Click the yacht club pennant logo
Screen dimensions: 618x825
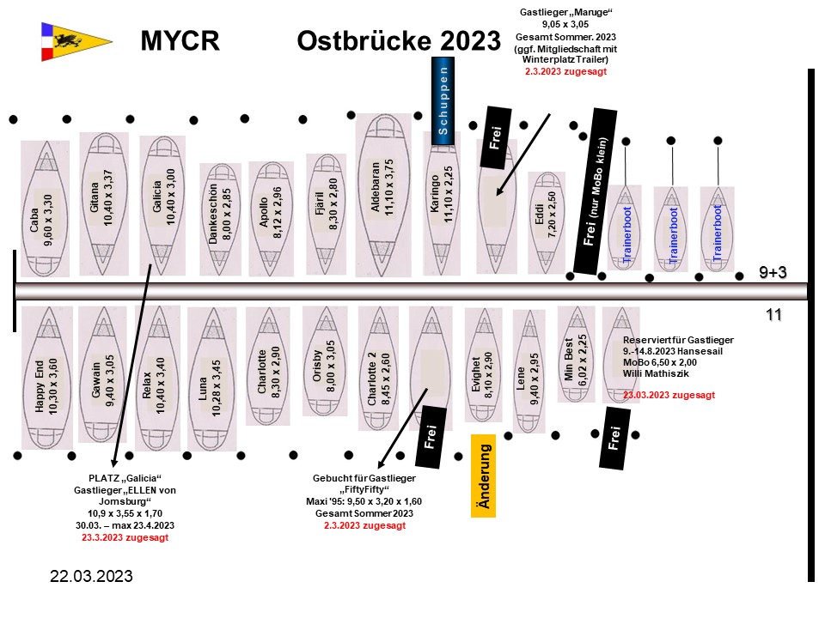76,41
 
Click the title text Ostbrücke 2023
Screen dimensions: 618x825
398,40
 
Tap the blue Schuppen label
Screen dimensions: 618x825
442,96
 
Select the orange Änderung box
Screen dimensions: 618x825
484,475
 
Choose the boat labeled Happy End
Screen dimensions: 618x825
47,378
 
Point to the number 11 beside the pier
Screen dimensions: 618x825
773,315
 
